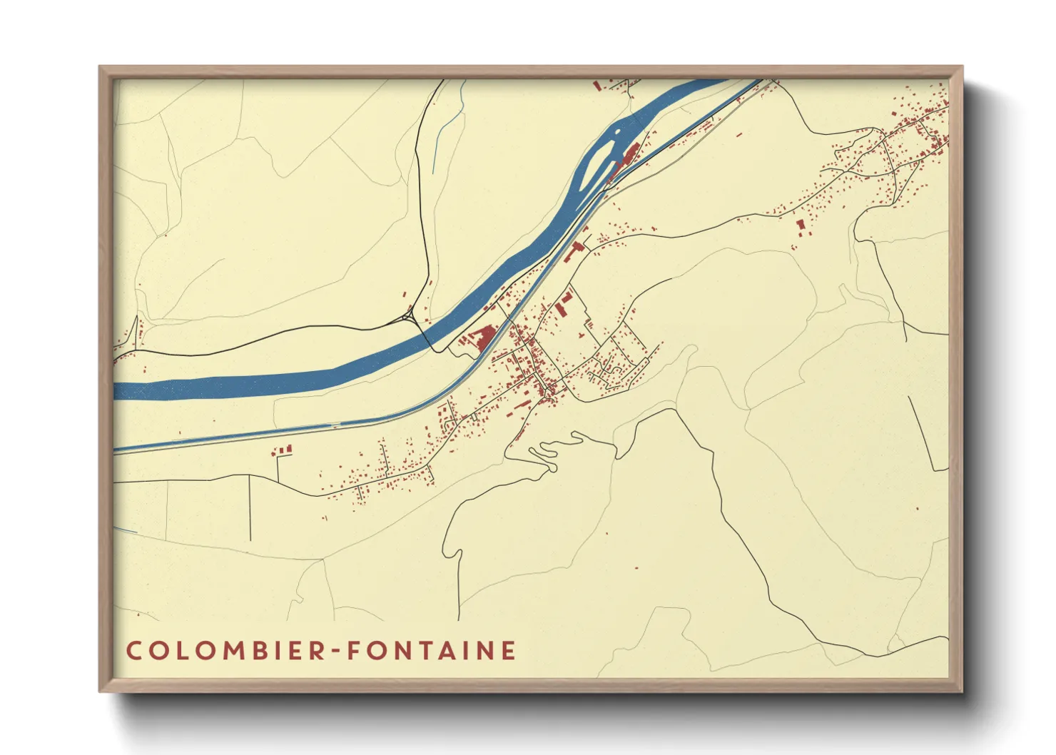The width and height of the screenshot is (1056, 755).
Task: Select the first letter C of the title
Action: [133, 651]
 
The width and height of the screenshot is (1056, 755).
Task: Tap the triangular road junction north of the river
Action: [409, 315]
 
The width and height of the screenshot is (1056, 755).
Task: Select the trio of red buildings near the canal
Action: [283, 450]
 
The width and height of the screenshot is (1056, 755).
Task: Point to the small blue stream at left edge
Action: [126, 529]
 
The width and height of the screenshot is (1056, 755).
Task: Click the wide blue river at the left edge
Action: [128, 390]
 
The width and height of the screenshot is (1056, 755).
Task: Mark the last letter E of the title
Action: [508, 651]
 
